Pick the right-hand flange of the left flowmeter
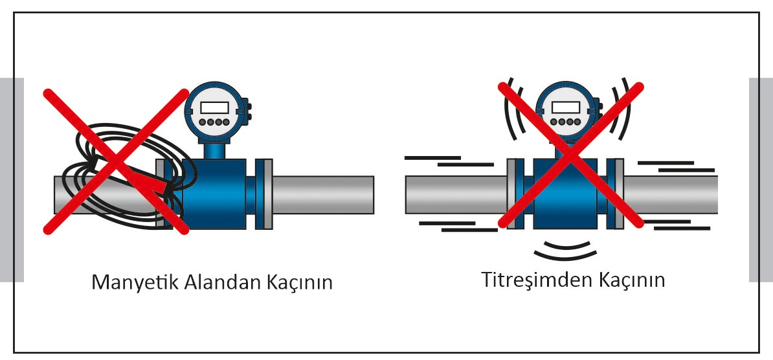coord(263,192)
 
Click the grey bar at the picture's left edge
coord(12,179)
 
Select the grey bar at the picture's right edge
coord(761,179)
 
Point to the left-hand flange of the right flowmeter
coord(515,193)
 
